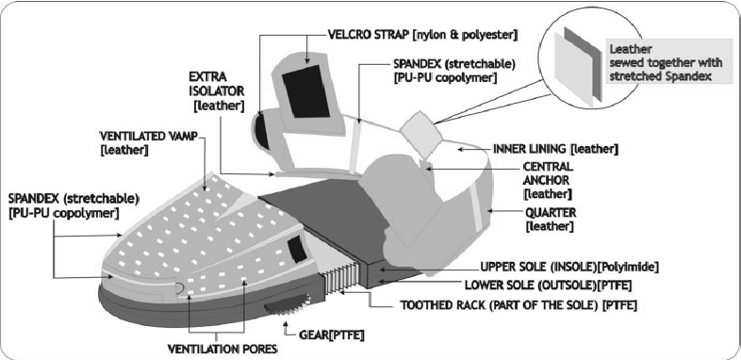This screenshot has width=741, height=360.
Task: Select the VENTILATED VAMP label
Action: [x=141, y=141]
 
